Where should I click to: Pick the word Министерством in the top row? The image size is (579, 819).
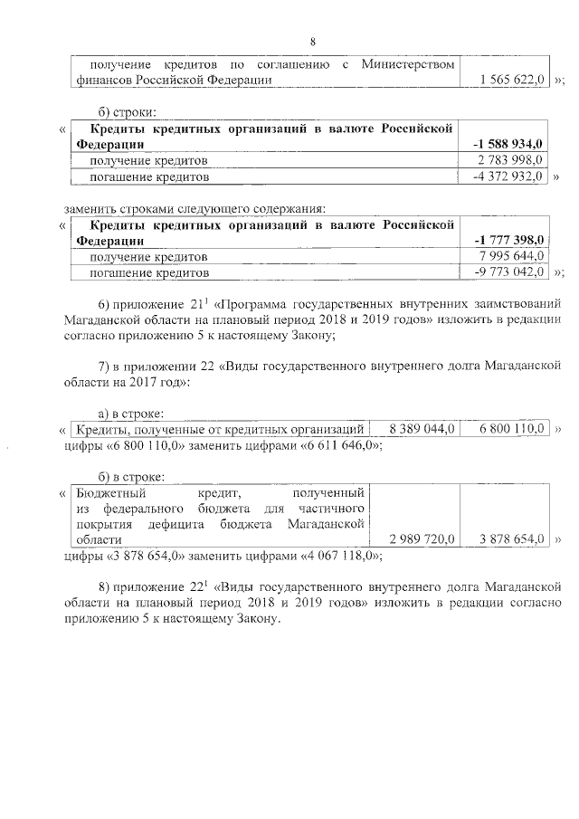point(406,64)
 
